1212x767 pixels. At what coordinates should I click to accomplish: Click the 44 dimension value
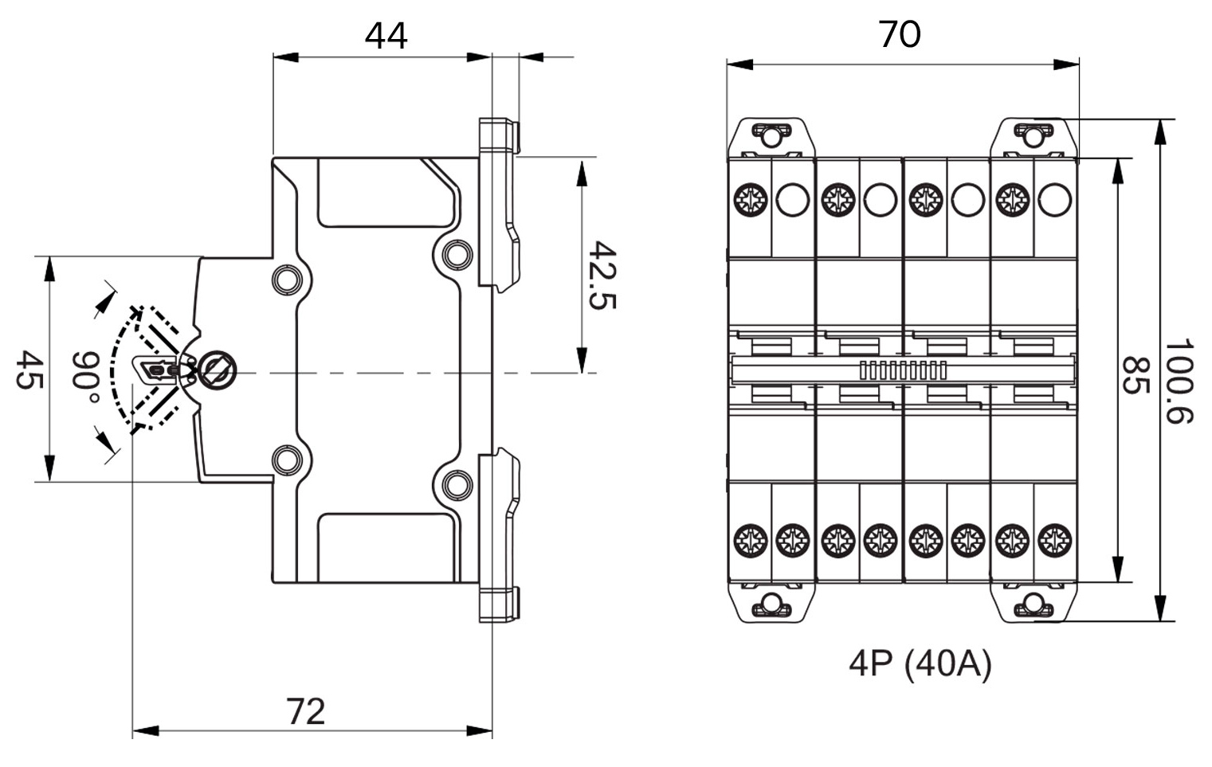(x=386, y=36)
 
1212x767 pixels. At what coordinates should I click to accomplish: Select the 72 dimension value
(x=307, y=711)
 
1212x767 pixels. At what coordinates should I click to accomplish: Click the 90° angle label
(x=85, y=377)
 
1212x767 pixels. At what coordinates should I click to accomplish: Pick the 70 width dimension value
(x=900, y=34)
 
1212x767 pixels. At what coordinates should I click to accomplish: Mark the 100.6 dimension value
(x=1179, y=382)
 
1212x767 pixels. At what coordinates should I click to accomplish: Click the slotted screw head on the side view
(x=216, y=370)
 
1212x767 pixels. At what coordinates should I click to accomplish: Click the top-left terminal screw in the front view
(x=749, y=199)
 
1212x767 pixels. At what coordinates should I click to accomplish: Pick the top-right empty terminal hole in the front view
(x=1055, y=199)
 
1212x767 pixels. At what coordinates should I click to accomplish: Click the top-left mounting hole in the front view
(x=771, y=136)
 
